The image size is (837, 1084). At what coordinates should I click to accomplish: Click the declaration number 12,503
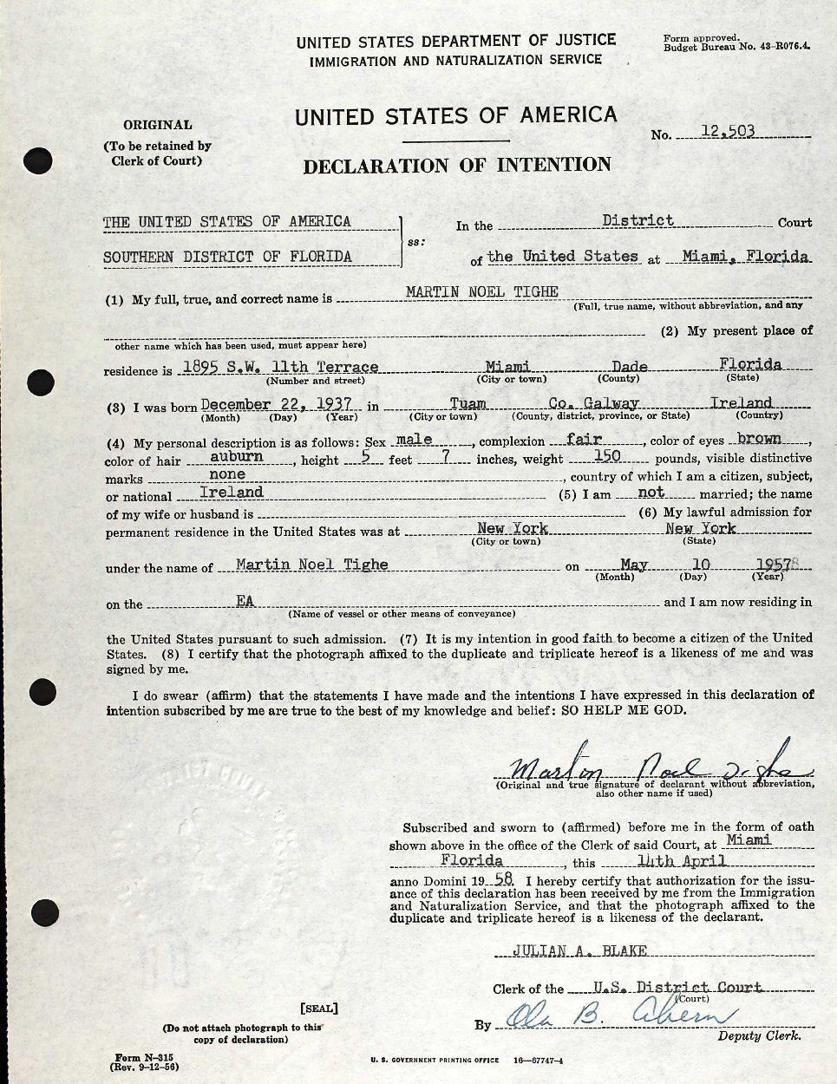click(x=728, y=132)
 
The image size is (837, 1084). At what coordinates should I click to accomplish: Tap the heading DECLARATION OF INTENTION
click(x=457, y=165)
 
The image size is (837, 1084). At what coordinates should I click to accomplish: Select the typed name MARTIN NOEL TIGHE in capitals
click(x=482, y=291)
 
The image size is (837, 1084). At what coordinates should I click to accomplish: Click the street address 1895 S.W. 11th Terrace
click(x=278, y=367)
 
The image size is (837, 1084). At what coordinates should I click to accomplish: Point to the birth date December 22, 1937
click(x=277, y=403)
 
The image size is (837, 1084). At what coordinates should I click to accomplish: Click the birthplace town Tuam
click(x=468, y=403)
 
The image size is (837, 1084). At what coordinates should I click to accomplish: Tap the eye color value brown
click(x=759, y=439)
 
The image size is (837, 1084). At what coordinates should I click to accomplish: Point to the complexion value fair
click(x=584, y=439)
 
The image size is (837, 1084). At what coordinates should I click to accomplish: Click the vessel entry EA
click(x=245, y=600)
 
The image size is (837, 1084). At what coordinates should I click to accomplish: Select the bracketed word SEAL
click(x=318, y=1009)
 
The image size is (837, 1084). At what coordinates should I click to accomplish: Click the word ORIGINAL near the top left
click(x=157, y=125)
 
